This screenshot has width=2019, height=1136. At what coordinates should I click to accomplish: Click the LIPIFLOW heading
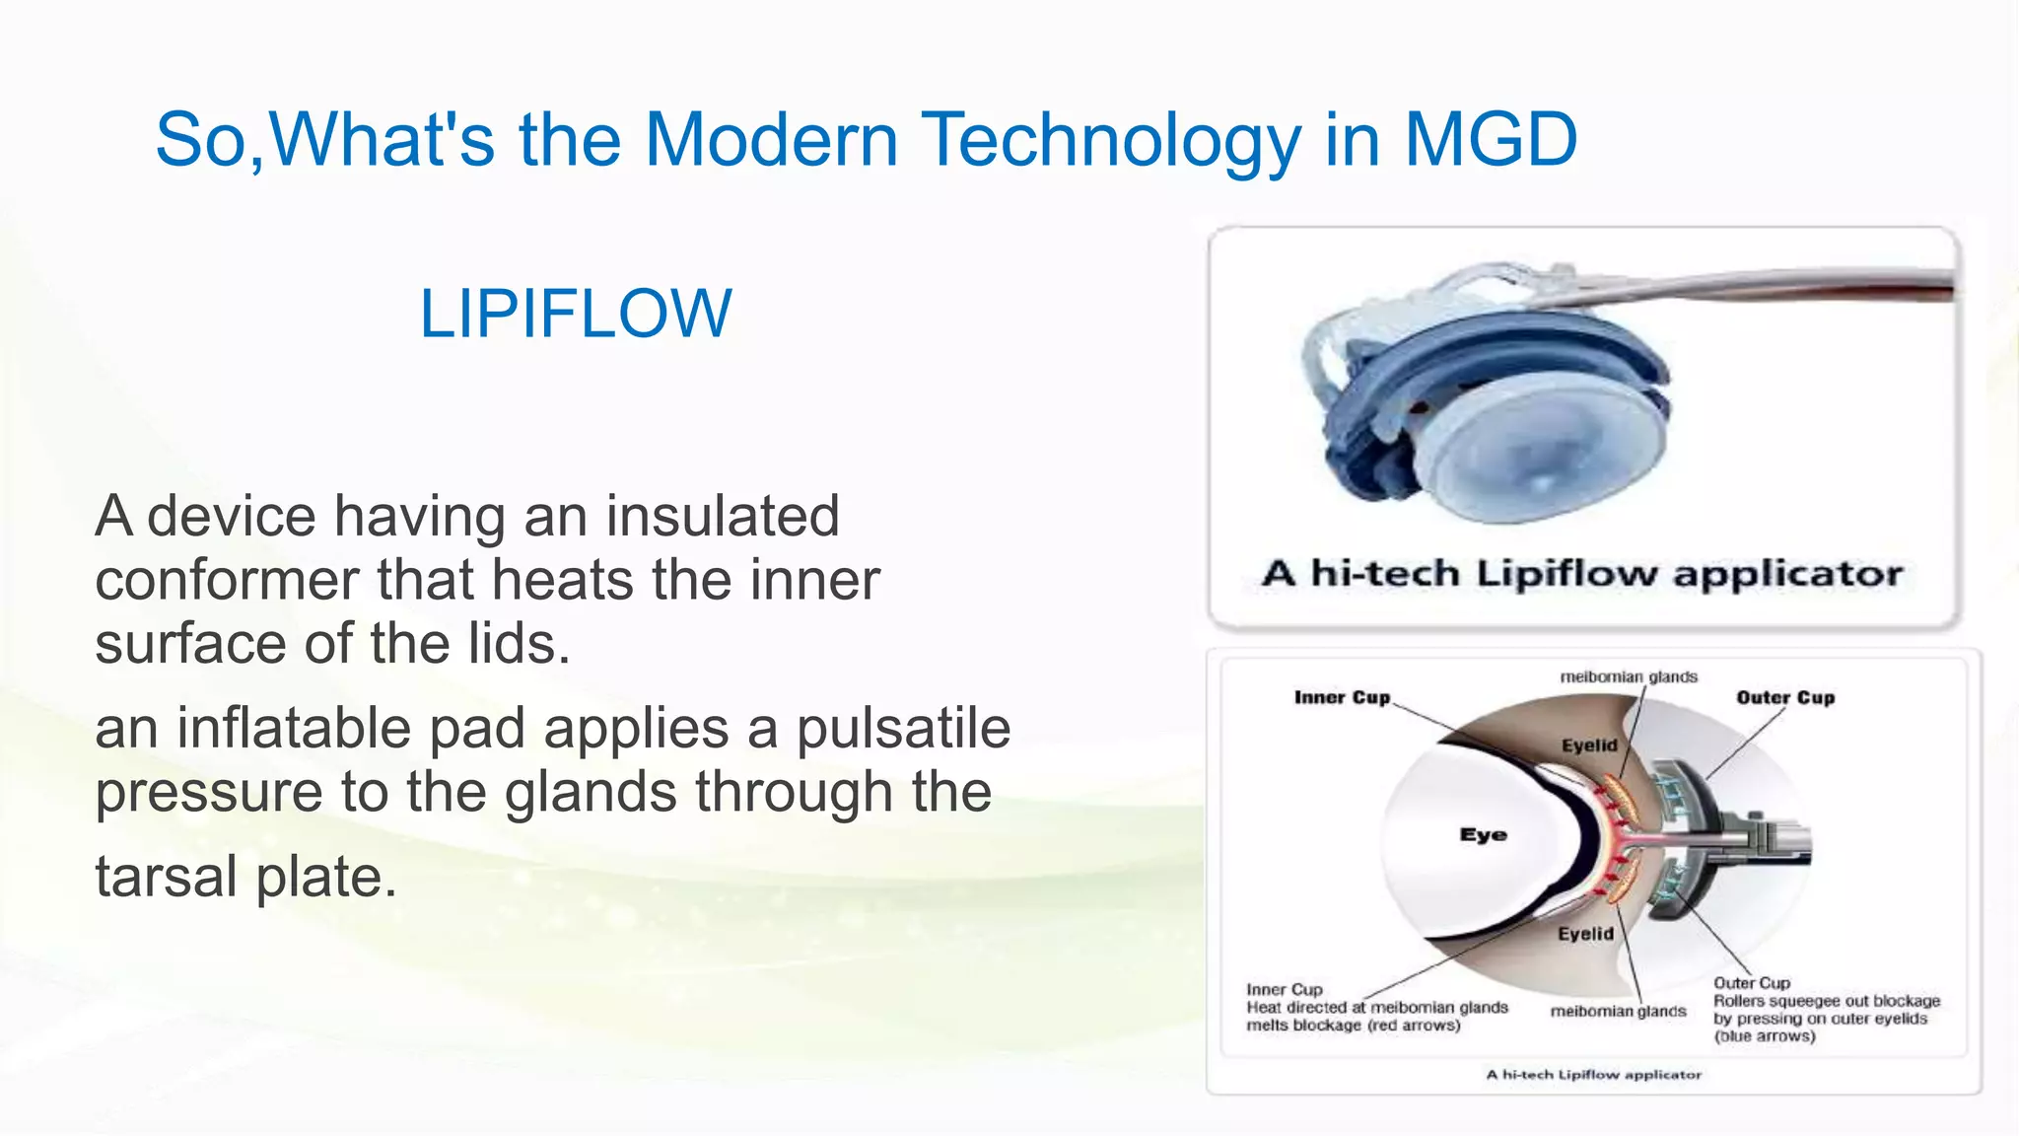576,314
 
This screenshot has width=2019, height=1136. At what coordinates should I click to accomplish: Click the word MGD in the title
1491,139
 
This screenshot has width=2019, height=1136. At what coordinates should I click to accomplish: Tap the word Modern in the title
771,139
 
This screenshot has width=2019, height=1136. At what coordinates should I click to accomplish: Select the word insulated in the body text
722,517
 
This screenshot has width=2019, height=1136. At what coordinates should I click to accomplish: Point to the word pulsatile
903,729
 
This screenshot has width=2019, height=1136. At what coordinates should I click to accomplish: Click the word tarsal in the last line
166,877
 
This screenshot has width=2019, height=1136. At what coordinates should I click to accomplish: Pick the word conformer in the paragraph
227,580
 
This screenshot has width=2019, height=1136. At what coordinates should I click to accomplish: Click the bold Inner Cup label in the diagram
1342,698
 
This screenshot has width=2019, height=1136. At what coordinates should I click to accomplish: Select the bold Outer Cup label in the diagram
1785,698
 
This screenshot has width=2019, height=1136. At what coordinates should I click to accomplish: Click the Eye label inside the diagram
1483,835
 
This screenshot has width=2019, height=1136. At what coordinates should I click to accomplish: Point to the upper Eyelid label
1589,745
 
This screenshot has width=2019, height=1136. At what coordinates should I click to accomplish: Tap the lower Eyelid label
1585,934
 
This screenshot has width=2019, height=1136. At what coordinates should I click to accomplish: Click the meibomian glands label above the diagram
1629,676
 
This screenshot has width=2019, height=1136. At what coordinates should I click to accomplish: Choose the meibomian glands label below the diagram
1618,1011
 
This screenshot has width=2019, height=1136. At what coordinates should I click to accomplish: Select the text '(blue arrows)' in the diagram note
1764,1036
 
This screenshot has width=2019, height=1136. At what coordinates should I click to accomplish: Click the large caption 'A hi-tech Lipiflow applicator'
1581,574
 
